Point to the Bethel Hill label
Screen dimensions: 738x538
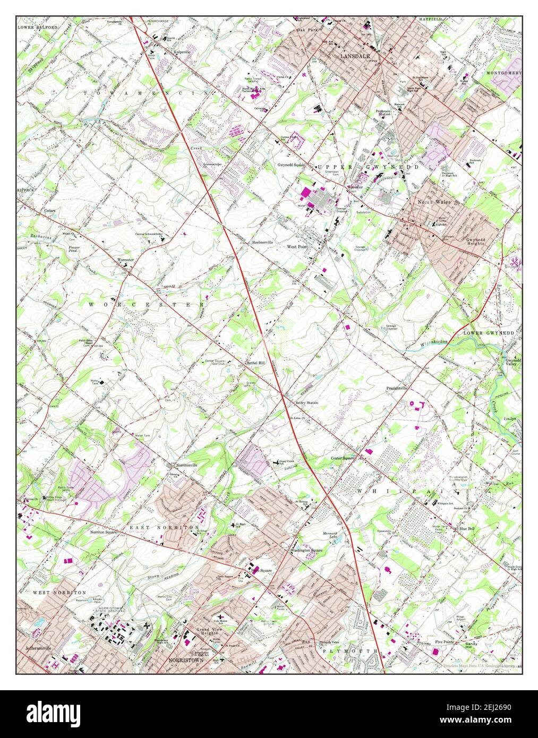(255, 363)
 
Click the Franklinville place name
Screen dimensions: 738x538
(397, 388)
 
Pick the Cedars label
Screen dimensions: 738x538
(50, 210)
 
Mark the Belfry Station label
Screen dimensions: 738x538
(307, 403)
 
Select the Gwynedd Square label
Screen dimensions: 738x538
(292, 165)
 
